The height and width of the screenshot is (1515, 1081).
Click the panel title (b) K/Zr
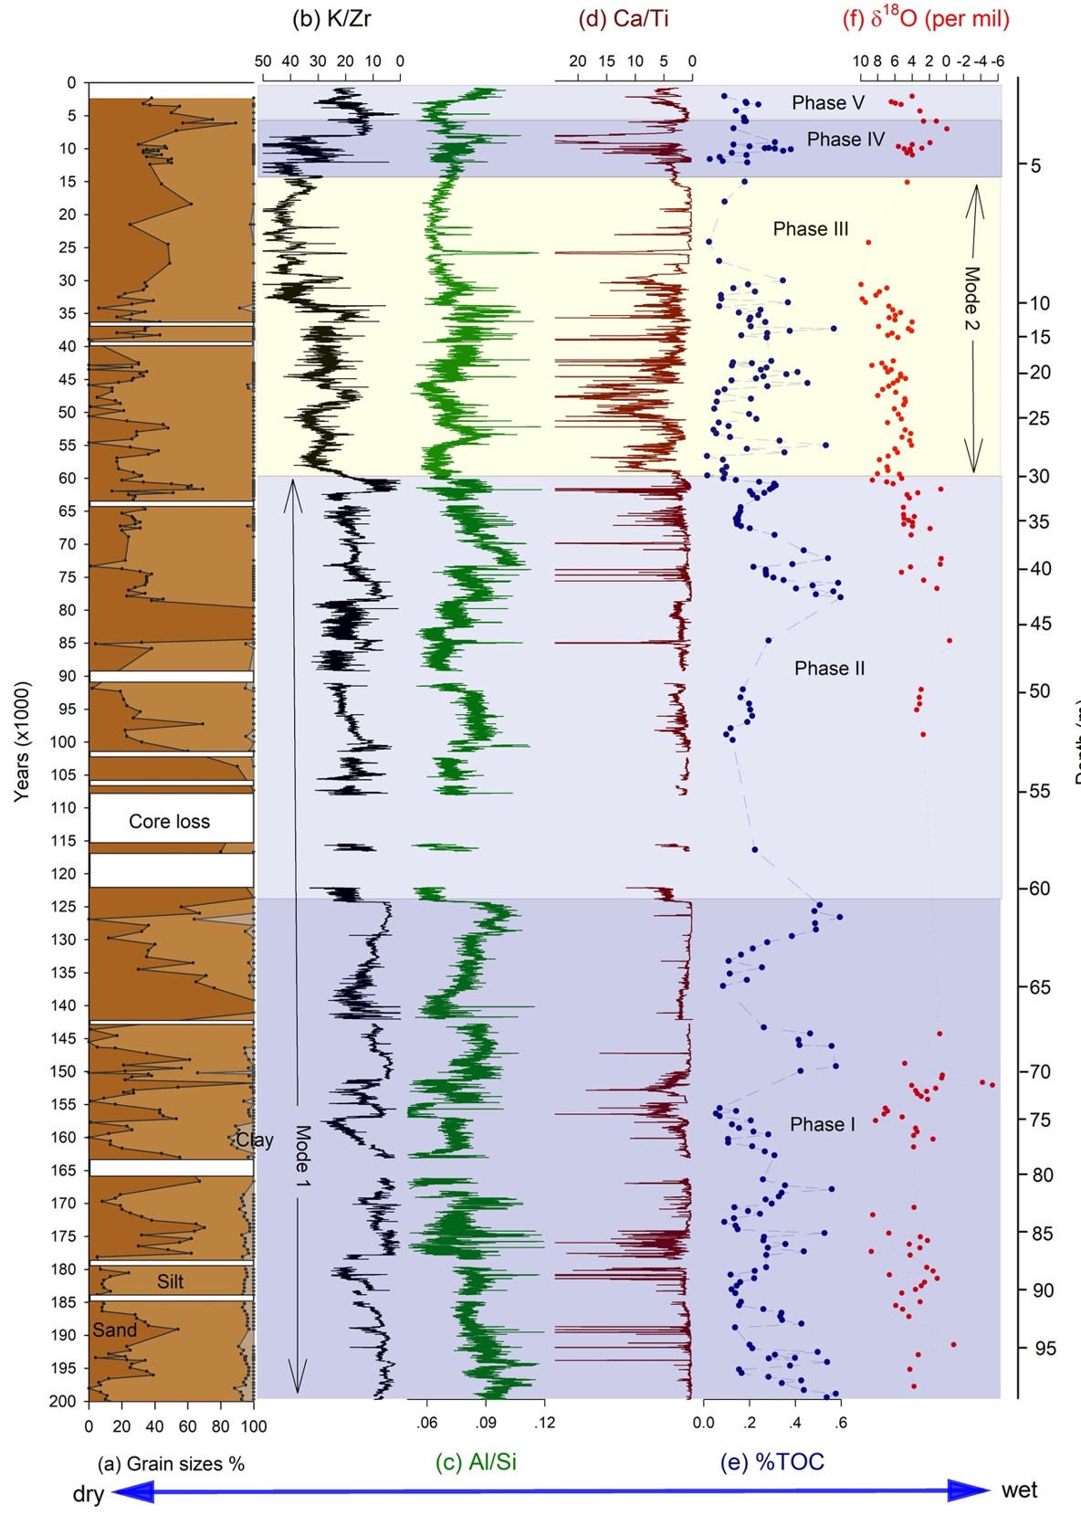pyautogui.click(x=331, y=19)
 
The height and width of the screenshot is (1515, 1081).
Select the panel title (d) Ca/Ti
pyautogui.click(x=624, y=19)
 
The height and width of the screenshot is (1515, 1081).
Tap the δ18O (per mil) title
pyautogui.click(x=926, y=19)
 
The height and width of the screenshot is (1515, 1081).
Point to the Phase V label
pyautogui.click(x=827, y=102)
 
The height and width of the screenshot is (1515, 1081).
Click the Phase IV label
pyautogui.click(x=845, y=139)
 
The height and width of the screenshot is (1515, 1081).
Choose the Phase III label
pyautogui.click(x=811, y=228)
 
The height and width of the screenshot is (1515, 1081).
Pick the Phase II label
pyautogui.click(x=829, y=668)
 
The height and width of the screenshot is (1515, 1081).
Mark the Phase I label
pyautogui.click(x=823, y=1124)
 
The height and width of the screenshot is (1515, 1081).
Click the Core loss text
pyautogui.click(x=169, y=821)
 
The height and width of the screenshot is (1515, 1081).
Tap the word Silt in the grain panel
pyautogui.click(x=171, y=1281)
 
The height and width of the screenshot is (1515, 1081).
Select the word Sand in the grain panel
pyautogui.click(x=114, y=1330)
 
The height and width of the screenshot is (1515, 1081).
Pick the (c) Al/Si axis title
pyautogui.click(x=476, y=1462)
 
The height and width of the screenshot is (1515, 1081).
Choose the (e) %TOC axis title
pyautogui.click(x=771, y=1462)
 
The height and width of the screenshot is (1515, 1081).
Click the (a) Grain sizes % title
pyautogui.click(x=171, y=1464)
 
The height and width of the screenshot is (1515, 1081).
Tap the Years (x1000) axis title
pyautogui.click(x=22, y=741)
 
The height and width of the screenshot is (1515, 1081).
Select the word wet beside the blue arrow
pyautogui.click(x=1019, y=1490)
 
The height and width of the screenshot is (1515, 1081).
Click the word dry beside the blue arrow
pyautogui.click(x=89, y=1494)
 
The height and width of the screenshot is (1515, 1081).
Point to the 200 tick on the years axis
pyautogui.click(x=63, y=1401)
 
